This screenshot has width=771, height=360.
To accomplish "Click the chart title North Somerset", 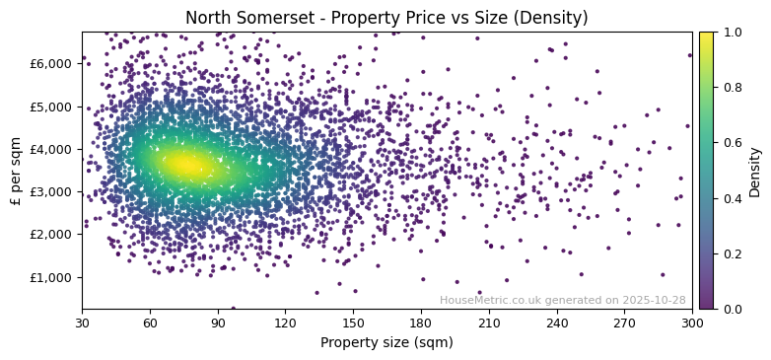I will click(386, 18).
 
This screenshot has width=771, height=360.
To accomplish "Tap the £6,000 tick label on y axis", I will click(52, 63).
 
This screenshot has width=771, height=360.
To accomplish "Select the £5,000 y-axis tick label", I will click(52, 107).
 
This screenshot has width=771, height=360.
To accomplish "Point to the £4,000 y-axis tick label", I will click(52, 149).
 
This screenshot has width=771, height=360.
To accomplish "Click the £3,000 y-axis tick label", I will click(52, 191).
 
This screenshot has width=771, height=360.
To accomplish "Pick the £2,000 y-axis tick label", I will click(52, 235).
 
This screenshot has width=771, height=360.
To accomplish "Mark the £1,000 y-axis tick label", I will click(52, 277).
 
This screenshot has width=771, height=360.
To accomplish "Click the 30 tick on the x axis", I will click(82, 323).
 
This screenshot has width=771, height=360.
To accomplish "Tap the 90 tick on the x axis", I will click(218, 323).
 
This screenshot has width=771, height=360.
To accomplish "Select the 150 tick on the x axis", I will click(353, 323).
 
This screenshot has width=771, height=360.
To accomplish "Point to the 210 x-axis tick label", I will click(489, 323).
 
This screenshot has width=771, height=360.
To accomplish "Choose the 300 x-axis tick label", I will click(692, 323).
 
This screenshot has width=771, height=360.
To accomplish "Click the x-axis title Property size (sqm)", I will click(386, 342).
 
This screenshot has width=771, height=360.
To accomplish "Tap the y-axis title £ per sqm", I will click(16, 171).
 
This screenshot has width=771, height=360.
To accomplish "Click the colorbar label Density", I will click(755, 171).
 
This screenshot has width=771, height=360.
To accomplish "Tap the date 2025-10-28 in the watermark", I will click(653, 301).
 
